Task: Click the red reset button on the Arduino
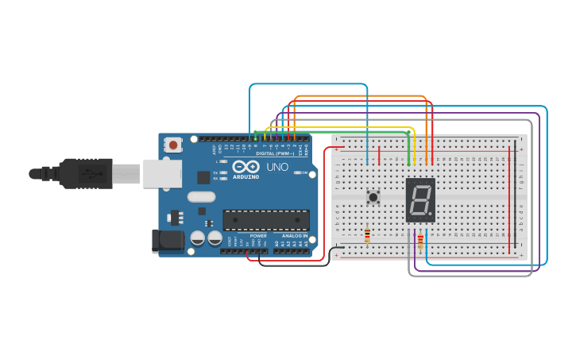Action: (x=172, y=145)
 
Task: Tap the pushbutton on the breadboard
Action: (x=372, y=195)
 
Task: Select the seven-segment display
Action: (x=419, y=199)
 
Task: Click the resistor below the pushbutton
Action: (x=367, y=234)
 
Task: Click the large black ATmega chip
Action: (x=265, y=220)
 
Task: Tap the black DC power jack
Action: (x=163, y=241)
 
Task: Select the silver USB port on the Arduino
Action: (x=162, y=173)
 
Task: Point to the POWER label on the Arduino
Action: (x=258, y=236)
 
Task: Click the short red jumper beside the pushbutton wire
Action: (x=379, y=155)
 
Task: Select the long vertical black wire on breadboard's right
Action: (x=516, y=199)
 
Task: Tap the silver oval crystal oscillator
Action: (x=201, y=196)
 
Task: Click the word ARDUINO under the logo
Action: (x=246, y=176)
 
